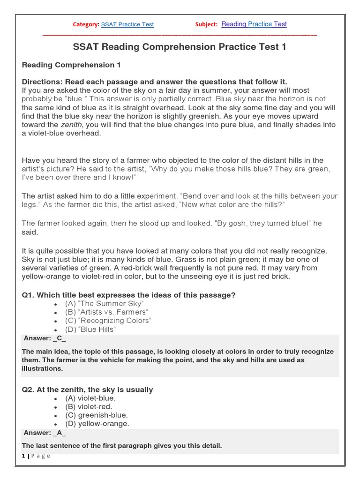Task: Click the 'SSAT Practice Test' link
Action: [x=127, y=24]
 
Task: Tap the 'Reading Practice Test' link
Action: [x=254, y=24]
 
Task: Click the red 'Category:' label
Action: [x=86, y=24]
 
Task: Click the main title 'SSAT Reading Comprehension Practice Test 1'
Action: [x=180, y=47]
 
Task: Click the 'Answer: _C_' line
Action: [x=45, y=338]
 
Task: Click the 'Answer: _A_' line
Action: [x=45, y=433]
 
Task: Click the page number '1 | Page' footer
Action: [x=36, y=457]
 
